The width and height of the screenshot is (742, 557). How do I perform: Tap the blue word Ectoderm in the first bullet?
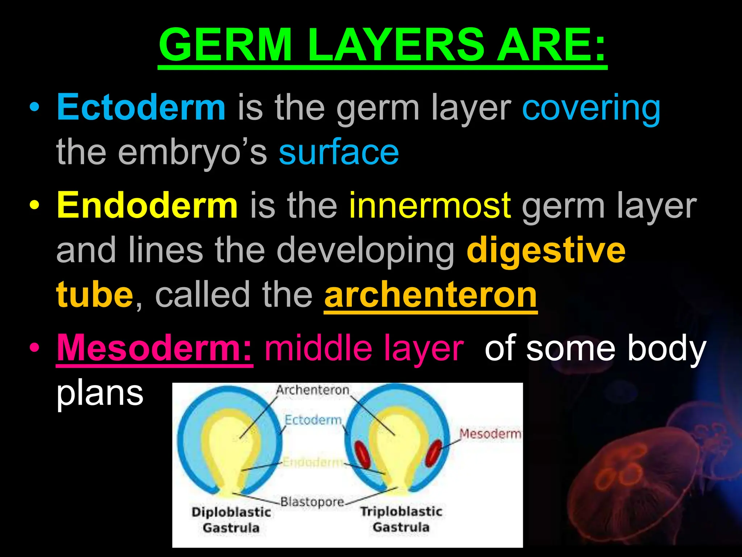pyautogui.click(x=141, y=107)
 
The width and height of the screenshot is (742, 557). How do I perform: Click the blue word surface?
pyautogui.click(x=339, y=152)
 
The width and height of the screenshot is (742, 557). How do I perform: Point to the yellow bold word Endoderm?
pyautogui.click(x=147, y=206)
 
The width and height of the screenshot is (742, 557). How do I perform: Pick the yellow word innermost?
pyautogui.click(x=430, y=206)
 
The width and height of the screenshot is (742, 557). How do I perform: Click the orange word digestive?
pyautogui.click(x=546, y=250)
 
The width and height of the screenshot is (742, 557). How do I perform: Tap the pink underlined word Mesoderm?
pyautogui.click(x=155, y=348)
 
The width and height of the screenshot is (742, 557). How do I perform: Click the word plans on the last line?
pyautogui.click(x=100, y=393)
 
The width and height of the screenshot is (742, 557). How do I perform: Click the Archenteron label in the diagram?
pyautogui.click(x=312, y=390)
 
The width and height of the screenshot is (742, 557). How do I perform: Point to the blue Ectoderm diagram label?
pyautogui.click(x=313, y=420)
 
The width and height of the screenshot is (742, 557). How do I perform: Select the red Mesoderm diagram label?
pyautogui.click(x=490, y=434)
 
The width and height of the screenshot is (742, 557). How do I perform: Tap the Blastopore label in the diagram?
pyautogui.click(x=312, y=502)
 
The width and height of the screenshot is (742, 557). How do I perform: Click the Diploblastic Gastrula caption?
pyautogui.click(x=231, y=519)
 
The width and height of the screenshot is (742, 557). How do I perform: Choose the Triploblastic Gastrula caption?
pyautogui.click(x=401, y=519)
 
